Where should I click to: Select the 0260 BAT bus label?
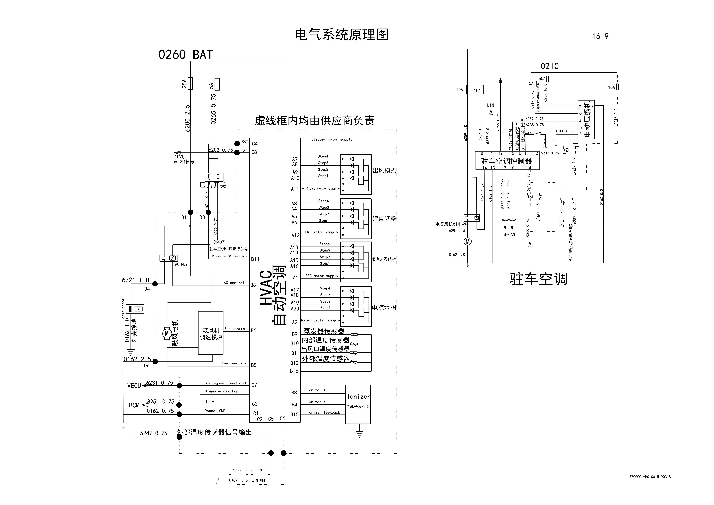pyautogui.click(x=185, y=55)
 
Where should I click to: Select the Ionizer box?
pyautogui.click(x=358, y=404)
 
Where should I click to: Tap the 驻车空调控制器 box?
pyautogui.click(x=507, y=161)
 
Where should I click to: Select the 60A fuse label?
pyautogui.click(x=542, y=79)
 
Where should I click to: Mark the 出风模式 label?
pyautogui.click(x=384, y=171)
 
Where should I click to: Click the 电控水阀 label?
pyautogui.click(x=384, y=307)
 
